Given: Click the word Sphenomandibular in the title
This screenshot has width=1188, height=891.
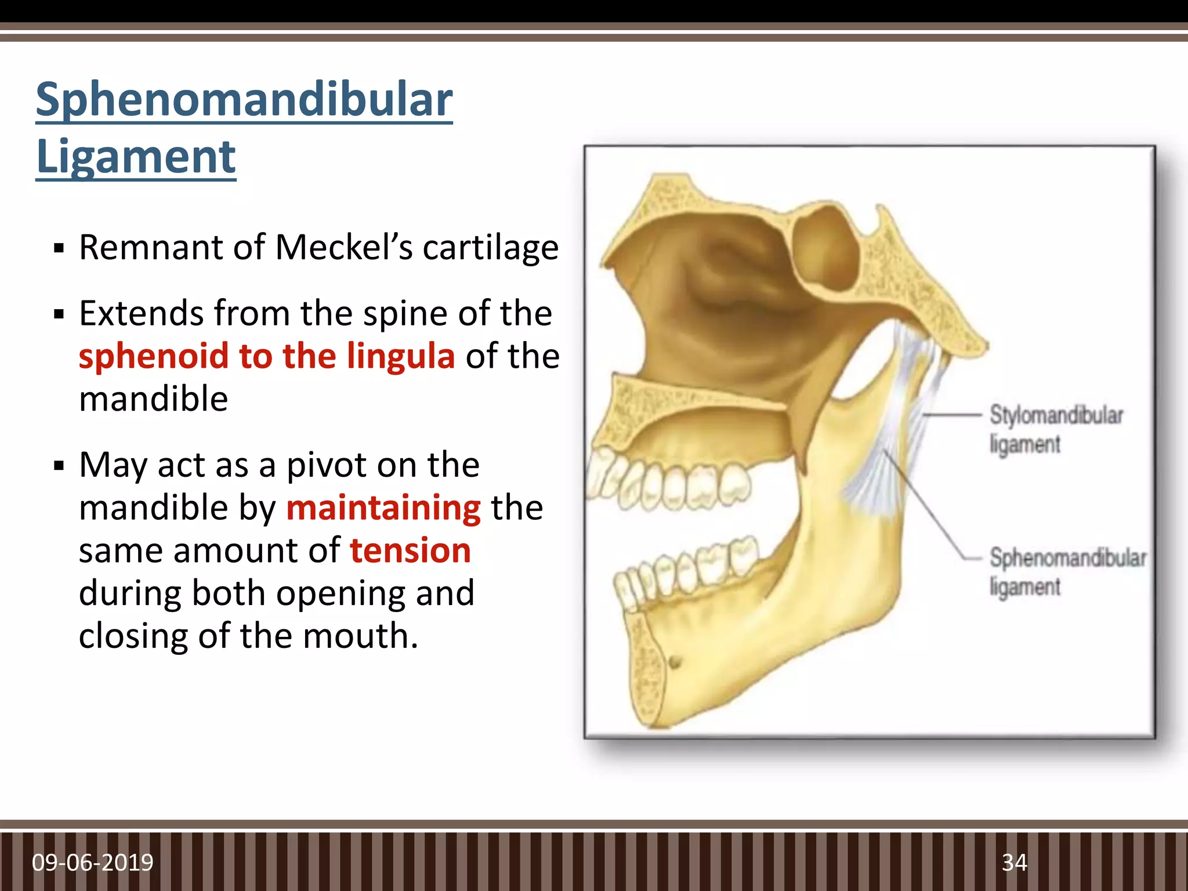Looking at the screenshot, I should (x=244, y=100).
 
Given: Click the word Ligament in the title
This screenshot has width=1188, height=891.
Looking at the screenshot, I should (x=136, y=157).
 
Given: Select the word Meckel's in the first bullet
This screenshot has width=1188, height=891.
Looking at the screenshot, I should (x=343, y=248).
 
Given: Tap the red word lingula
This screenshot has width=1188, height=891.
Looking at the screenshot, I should (x=401, y=356).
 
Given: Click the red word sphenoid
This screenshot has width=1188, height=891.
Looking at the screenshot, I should (x=153, y=356).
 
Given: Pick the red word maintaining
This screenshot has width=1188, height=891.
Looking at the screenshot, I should (x=383, y=508).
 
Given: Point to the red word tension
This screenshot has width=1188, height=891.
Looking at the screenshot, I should (x=410, y=550).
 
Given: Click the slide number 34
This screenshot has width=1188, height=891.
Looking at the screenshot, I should (x=1014, y=863).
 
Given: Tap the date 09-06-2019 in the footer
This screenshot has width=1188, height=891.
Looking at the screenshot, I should (x=93, y=863).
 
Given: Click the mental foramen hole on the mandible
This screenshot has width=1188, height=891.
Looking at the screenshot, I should (x=675, y=661).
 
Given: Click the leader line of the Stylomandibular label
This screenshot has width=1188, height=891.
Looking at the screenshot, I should (x=951, y=415).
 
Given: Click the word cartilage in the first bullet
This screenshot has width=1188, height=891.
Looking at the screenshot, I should (x=490, y=248).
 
